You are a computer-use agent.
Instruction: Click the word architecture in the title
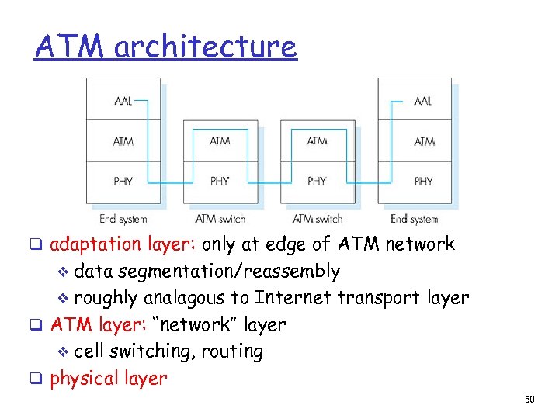pyautogui.click(x=205, y=47)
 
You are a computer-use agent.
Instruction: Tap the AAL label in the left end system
pyautogui.click(x=123, y=101)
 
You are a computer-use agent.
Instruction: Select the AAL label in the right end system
pyautogui.click(x=423, y=101)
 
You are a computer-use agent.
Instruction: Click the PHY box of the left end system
pyautogui.click(x=123, y=182)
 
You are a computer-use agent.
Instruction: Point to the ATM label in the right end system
pyautogui.click(x=424, y=141)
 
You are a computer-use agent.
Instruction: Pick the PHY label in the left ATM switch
pyautogui.click(x=220, y=182)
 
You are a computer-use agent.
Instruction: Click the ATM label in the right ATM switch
pyautogui.click(x=317, y=141)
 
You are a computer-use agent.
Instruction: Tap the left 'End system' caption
pyautogui.click(x=123, y=219)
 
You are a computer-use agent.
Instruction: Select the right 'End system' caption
pyautogui.click(x=414, y=219)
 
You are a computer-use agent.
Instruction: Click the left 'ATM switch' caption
pyautogui.click(x=220, y=219)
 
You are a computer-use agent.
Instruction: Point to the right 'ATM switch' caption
pyautogui.click(x=317, y=219)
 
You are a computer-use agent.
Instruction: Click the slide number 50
pyautogui.click(x=529, y=400)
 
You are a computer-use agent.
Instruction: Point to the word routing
pyautogui.click(x=231, y=351)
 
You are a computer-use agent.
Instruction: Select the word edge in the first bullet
pyautogui.click(x=288, y=244)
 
